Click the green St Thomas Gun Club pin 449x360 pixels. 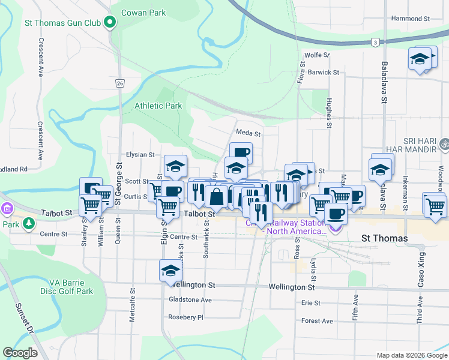click(x=110, y=23)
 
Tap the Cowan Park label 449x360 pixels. click(x=144, y=12)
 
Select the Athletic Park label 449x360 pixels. click(x=158, y=106)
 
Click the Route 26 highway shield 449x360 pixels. click(x=120, y=83)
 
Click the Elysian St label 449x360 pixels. click(x=140, y=155)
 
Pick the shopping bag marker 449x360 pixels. click(x=216, y=196)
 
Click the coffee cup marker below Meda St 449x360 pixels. click(x=241, y=152)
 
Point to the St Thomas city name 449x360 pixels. click(x=385, y=238)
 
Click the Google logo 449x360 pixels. click(x=20, y=352)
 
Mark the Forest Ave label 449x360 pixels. click(x=317, y=321)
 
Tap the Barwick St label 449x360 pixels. click(x=324, y=73)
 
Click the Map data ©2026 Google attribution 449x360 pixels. click(x=411, y=355)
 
